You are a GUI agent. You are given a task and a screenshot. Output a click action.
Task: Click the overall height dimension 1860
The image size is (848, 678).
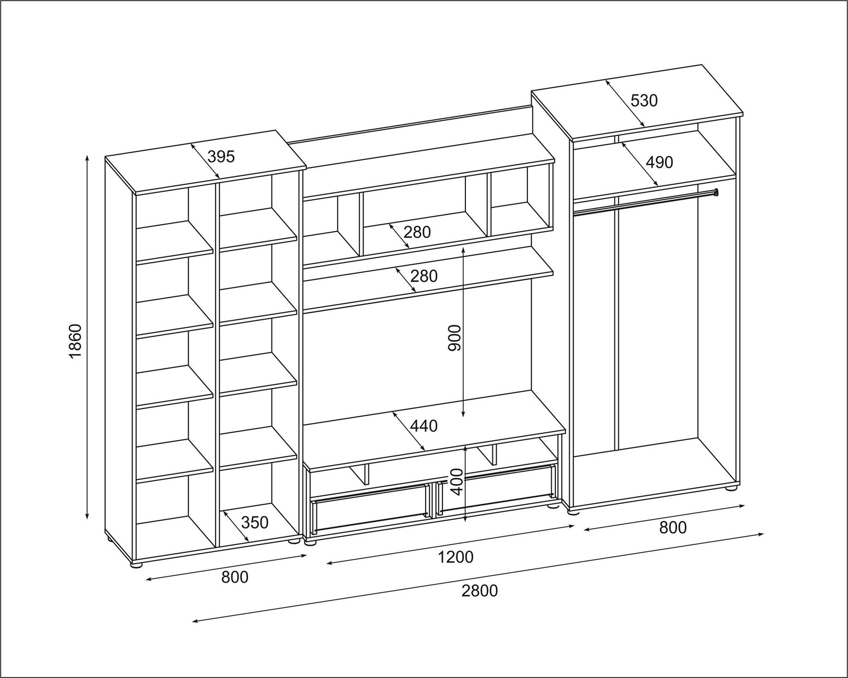pos(75,341)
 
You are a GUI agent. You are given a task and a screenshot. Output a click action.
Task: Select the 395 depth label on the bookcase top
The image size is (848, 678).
pos(221,157)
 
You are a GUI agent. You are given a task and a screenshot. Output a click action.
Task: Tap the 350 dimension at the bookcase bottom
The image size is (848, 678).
pos(254,522)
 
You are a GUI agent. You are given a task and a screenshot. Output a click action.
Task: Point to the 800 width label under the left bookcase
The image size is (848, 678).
pos(235,577)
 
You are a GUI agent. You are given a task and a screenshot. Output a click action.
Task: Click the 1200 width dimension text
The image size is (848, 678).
pos(455,557)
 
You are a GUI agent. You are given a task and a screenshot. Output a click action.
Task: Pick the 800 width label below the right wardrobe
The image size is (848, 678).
pos(673,528)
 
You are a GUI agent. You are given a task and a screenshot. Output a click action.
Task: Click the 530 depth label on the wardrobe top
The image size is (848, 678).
pos(644,101)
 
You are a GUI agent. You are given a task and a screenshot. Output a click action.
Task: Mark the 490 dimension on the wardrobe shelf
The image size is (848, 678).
pos(660,162)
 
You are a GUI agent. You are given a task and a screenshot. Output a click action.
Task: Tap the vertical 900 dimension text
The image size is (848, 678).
pos(454,337)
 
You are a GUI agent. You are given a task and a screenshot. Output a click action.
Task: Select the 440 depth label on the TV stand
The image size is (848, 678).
pos(424,426)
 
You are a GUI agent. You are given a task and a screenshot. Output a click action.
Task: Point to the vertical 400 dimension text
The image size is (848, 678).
pos(456,482)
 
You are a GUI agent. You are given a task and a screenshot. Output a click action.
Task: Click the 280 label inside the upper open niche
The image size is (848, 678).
pos(417,233)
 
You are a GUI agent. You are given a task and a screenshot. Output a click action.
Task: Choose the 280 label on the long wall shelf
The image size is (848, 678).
pos(424,276)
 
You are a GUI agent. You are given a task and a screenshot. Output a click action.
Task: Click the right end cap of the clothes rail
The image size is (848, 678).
pos(716,192)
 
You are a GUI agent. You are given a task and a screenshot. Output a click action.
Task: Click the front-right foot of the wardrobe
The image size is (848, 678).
pos(732,488)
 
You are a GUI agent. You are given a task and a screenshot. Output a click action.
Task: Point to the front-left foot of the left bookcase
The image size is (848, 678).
pos(136,565)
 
